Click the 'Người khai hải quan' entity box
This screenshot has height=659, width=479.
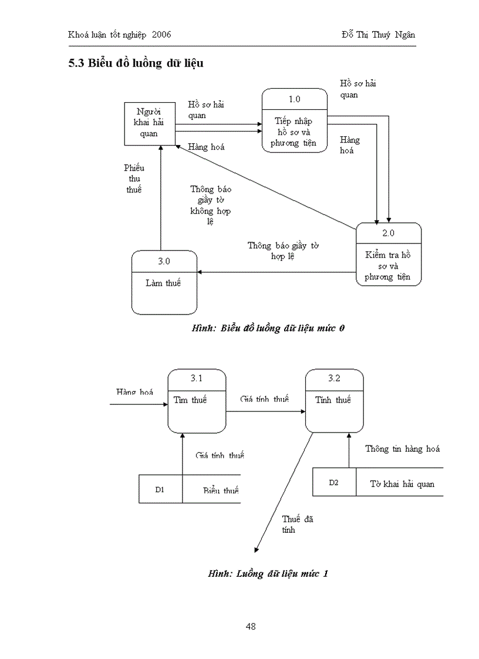point(149,123)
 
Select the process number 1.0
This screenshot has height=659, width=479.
point(294,99)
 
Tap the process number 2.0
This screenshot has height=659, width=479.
point(389,233)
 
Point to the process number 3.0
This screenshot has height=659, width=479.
point(164,261)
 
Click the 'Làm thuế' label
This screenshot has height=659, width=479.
point(163,283)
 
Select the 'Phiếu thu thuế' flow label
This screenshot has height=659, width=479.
point(134,178)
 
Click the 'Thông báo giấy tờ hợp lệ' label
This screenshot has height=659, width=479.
point(282,251)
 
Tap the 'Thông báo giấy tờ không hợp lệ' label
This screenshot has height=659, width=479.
point(210,205)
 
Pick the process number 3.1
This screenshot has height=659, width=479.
point(197,378)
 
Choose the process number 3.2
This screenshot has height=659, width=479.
point(334,378)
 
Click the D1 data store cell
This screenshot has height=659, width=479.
point(160,489)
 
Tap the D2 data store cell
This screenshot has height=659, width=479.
point(333,482)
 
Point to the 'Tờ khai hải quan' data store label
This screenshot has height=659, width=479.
point(402,484)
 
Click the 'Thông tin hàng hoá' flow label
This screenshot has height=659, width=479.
point(402,449)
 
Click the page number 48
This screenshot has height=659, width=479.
point(251,626)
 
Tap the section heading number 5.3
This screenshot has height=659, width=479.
point(76,64)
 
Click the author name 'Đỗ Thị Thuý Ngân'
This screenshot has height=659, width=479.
point(378,35)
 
